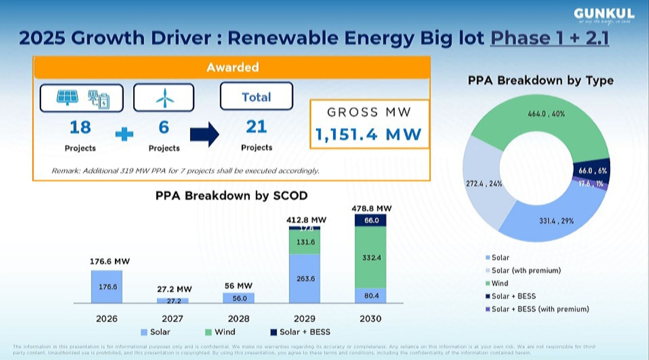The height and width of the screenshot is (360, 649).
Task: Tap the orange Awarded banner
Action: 232,67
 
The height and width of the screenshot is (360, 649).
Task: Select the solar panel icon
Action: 68,97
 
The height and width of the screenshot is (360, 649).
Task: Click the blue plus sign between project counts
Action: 124,134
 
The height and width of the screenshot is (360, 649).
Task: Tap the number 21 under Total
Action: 256,127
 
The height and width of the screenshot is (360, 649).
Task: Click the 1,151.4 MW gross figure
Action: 368,134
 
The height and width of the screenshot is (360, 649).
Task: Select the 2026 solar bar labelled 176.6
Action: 107,287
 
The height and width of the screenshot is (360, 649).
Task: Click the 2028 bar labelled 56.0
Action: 239,298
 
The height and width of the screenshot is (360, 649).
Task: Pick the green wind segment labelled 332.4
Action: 370,257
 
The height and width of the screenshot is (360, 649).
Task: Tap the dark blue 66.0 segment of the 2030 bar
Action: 370,220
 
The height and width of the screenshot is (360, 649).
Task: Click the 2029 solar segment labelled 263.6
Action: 305,279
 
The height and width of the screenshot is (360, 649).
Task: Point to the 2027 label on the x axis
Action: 172,319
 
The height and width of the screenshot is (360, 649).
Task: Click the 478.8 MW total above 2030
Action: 371,209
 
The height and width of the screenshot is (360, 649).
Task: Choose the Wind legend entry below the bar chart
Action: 220,332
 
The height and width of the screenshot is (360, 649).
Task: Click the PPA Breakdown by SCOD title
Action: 231,196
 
